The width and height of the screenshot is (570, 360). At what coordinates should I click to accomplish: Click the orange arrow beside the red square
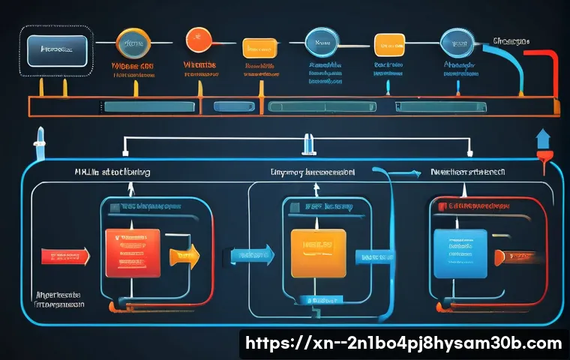point(183,255)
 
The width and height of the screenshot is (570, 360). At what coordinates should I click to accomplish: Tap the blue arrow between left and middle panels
point(250,255)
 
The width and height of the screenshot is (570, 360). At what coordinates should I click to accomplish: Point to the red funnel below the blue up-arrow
point(544,159)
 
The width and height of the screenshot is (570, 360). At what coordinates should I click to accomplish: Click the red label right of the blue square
point(517,256)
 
